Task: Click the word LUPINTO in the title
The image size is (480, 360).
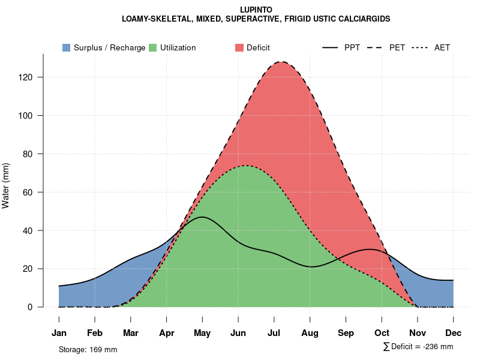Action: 256,10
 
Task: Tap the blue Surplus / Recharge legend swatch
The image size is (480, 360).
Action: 67,47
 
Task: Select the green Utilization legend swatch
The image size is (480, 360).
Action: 153,47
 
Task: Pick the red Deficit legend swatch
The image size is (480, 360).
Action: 239,47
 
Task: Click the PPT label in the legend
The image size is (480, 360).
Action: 352,47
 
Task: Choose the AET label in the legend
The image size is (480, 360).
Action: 442,47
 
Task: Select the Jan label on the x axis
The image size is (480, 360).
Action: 59,333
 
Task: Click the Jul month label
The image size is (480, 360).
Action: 274,333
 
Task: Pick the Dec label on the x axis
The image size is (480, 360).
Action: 454,333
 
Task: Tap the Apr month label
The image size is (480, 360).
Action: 167,333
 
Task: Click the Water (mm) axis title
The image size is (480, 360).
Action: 7,186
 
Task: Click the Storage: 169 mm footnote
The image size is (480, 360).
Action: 88,349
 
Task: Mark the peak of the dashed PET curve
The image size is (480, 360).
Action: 281,62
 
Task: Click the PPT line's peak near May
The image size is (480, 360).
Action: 202,217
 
